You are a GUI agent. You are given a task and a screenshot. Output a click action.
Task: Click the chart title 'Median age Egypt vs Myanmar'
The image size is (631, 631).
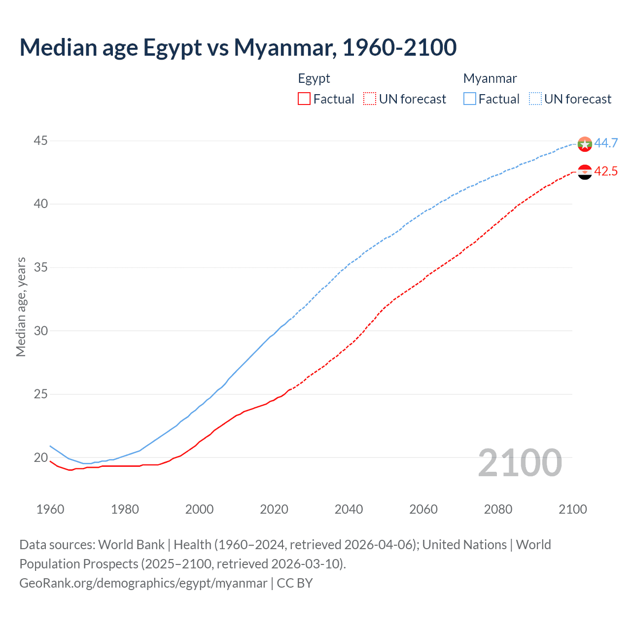(x=238, y=47)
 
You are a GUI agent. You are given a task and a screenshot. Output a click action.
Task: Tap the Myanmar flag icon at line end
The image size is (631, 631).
(x=585, y=144)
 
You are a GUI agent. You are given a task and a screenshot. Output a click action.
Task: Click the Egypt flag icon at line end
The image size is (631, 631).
(x=585, y=172)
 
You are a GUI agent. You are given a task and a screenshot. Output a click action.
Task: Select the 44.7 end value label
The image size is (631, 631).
(x=606, y=143)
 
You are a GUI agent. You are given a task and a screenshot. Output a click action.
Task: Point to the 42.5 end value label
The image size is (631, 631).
(x=606, y=171)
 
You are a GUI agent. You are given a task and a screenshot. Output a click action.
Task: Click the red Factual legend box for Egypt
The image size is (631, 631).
(x=304, y=99)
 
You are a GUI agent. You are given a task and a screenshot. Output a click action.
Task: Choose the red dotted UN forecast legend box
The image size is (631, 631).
(x=370, y=99)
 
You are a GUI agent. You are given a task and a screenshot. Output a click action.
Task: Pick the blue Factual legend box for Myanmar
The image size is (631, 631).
(x=470, y=99)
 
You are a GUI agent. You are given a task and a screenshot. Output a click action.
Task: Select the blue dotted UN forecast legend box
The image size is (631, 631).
(x=535, y=99)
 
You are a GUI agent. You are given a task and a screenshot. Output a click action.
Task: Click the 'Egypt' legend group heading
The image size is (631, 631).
(x=314, y=78)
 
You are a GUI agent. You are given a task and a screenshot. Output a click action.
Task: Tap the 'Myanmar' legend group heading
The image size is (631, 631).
(x=490, y=78)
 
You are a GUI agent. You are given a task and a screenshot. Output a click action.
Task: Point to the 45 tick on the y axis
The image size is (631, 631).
(x=40, y=141)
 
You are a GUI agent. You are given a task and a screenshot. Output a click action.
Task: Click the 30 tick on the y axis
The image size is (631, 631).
(x=40, y=331)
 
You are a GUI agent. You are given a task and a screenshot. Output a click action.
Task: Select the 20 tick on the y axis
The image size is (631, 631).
(x=40, y=457)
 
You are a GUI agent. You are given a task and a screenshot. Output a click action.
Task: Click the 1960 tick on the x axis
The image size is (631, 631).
(x=50, y=509)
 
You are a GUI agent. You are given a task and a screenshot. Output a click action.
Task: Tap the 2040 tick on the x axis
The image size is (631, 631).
(x=349, y=509)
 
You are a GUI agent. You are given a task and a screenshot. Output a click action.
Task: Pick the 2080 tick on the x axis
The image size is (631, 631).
(x=498, y=509)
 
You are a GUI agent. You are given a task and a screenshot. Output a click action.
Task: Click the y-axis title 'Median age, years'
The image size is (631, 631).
(x=21, y=307)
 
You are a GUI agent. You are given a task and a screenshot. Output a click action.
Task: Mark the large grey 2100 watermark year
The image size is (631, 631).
(x=520, y=462)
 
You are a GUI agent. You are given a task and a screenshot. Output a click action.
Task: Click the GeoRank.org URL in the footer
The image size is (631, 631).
(x=143, y=583)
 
